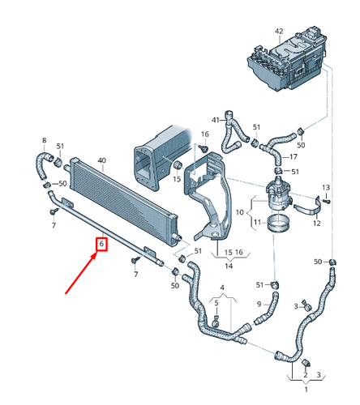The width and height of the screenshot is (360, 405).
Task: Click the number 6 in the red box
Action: click(x=101, y=244)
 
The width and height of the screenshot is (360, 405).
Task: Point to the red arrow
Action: click(x=80, y=272)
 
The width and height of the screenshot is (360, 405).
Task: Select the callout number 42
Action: click(x=279, y=32)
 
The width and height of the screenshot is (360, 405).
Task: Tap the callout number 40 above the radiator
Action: click(x=101, y=160)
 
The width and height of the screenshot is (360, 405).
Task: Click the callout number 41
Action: click(x=216, y=120)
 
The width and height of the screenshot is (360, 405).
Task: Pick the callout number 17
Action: click(x=294, y=156)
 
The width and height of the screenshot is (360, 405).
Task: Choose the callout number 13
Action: click(x=326, y=187)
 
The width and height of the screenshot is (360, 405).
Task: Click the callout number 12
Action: click(x=317, y=224)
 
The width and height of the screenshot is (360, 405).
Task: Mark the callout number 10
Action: click(x=240, y=212)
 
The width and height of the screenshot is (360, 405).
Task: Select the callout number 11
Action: click(x=257, y=222)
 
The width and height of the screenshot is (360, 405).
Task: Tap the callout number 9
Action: click(x=259, y=304)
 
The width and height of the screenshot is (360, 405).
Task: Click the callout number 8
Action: click(x=45, y=140)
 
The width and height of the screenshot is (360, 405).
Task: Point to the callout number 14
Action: click(x=229, y=266)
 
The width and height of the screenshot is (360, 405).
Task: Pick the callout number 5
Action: click(x=216, y=303)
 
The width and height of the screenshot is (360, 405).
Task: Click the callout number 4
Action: click(x=222, y=288)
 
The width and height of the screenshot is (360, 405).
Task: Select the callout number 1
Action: click(x=306, y=390)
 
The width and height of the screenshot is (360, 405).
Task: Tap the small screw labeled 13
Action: click(x=327, y=202)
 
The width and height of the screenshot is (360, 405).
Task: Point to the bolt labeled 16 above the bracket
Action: click(x=204, y=147)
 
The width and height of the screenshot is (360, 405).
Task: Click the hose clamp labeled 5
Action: click(x=216, y=321)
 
